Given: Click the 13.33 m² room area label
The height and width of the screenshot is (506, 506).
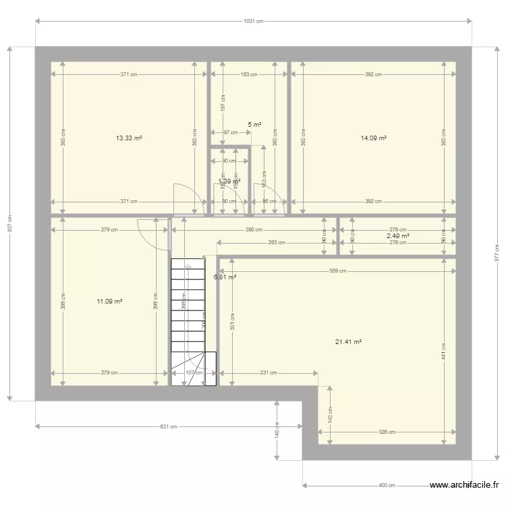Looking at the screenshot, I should coord(129,138).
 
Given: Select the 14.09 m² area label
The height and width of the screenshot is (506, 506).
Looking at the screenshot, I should coord(373,138).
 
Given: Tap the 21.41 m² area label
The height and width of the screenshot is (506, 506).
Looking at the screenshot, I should coord(348,342).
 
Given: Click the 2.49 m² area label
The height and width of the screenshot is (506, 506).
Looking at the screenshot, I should coord(397,236).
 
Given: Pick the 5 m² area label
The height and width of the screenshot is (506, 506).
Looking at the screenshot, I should coord(254,125).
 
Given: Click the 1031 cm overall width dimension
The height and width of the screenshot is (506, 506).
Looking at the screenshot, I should coord(254,22).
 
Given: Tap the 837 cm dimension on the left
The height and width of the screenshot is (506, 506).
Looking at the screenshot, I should coord(9,223).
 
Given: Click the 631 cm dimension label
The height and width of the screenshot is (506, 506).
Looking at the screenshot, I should coord(169,426).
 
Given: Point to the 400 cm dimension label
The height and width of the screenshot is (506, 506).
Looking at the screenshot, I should coord(387,485).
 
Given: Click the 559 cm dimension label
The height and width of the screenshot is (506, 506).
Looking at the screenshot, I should coord(338,271).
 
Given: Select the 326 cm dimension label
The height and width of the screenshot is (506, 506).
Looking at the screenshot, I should coord(387,432).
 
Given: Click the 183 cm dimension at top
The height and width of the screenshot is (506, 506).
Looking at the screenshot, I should coord(249,75).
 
